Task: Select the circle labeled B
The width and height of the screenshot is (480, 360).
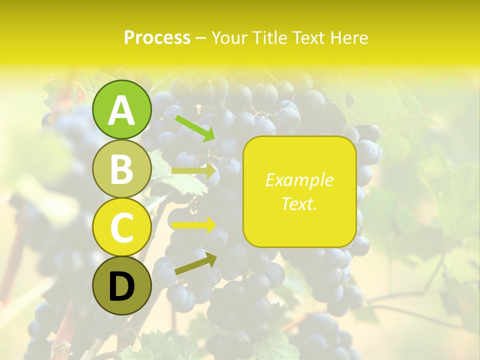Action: (x=122, y=168)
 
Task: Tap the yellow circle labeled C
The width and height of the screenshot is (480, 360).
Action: (x=122, y=227)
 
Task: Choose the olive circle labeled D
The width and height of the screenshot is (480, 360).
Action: (x=122, y=285)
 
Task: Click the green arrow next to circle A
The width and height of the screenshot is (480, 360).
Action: (x=194, y=128)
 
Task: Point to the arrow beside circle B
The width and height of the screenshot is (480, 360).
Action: (x=194, y=170)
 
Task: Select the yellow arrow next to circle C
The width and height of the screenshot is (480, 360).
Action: (x=194, y=225)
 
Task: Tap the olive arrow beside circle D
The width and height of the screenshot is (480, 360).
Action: (x=195, y=263)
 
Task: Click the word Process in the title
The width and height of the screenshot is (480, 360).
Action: (x=157, y=37)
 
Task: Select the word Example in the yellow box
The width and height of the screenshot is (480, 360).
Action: (x=299, y=180)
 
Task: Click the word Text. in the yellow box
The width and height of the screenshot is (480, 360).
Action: (x=299, y=203)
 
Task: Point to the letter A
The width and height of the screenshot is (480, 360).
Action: (x=122, y=110)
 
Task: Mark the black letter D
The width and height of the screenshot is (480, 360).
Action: (x=122, y=286)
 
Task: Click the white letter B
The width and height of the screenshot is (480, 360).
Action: (x=122, y=169)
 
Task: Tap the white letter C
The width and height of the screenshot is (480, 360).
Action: (x=122, y=227)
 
